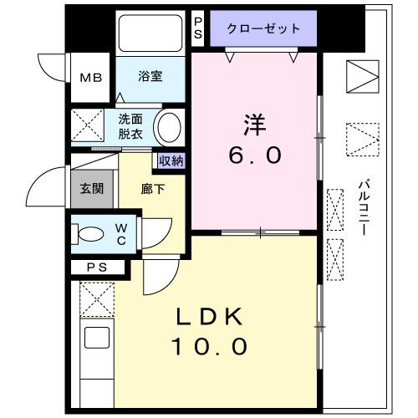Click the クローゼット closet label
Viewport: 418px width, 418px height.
(x=264, y=28)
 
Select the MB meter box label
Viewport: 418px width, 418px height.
(x=90, y=77)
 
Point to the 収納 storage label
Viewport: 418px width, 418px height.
(x=171, y=161)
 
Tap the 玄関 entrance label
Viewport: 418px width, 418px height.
(x=92, y=188)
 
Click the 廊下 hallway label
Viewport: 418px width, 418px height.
(x=153, y=188)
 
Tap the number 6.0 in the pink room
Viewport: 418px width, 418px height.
(x=256, y=155)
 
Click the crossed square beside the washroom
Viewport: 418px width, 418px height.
(x=85, y=126)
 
